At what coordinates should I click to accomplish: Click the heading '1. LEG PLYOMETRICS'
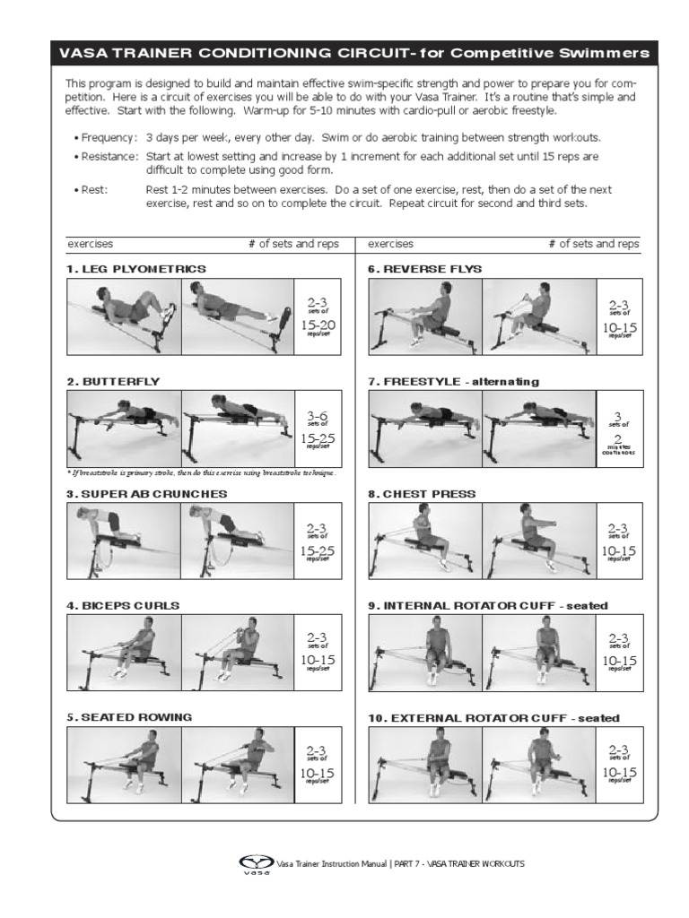click(x=135, y=269)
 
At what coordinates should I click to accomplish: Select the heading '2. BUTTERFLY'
click(x=113, y=381)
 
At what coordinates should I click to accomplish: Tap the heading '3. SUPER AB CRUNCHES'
click(x=146, y=494)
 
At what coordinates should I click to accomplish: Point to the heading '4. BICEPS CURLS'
click(x=123, y=605)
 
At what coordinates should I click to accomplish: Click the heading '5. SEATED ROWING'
click(x=128, y=717)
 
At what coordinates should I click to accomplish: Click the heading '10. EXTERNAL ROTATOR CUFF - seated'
click(x=493, y=718)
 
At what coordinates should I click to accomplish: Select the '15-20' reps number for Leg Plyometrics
click(x=318, y=325)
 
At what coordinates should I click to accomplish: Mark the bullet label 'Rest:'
click(x=94, y=190)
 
